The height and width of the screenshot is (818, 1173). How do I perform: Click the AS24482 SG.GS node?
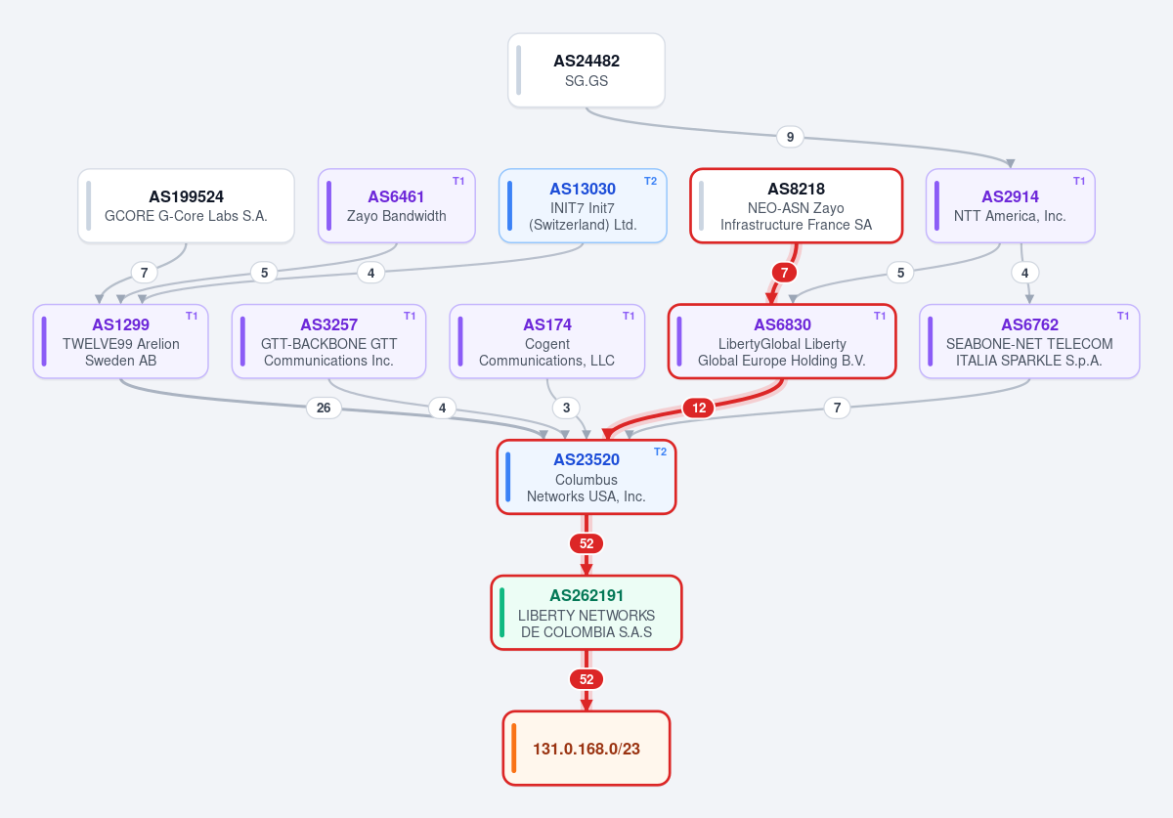(586, 70)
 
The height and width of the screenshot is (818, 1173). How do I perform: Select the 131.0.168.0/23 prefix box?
(586, 748)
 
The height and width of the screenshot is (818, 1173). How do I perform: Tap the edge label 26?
(324, 408)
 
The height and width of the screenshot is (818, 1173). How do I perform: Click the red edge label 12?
(699, 408)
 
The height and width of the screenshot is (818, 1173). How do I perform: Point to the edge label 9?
(790, 137)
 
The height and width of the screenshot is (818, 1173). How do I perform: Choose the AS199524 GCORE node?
(186, 205)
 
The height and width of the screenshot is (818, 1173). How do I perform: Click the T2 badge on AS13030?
(650, 181)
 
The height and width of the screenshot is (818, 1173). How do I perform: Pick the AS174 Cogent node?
(546, 341)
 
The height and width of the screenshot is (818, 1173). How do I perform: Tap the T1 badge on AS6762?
(1123, 316)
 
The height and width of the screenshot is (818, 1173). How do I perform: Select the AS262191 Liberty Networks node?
(586, 613)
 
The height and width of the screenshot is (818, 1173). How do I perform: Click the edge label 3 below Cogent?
(566, 408)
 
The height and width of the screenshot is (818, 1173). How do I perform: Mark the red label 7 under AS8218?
(784, 273)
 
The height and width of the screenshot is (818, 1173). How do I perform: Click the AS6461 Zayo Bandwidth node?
(397, 205)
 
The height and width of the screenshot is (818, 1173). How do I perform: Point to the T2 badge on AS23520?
(660, 452)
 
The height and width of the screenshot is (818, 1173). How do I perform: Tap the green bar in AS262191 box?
(501, 613)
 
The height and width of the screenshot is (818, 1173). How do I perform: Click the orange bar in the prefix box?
(514, 748)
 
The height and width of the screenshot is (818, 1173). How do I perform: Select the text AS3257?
(328, 324)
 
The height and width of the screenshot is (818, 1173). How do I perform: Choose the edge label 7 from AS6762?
(837, 408)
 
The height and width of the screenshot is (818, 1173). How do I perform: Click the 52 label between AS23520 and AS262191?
(586, 543)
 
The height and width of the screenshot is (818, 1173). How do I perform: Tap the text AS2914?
(1010, 196)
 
